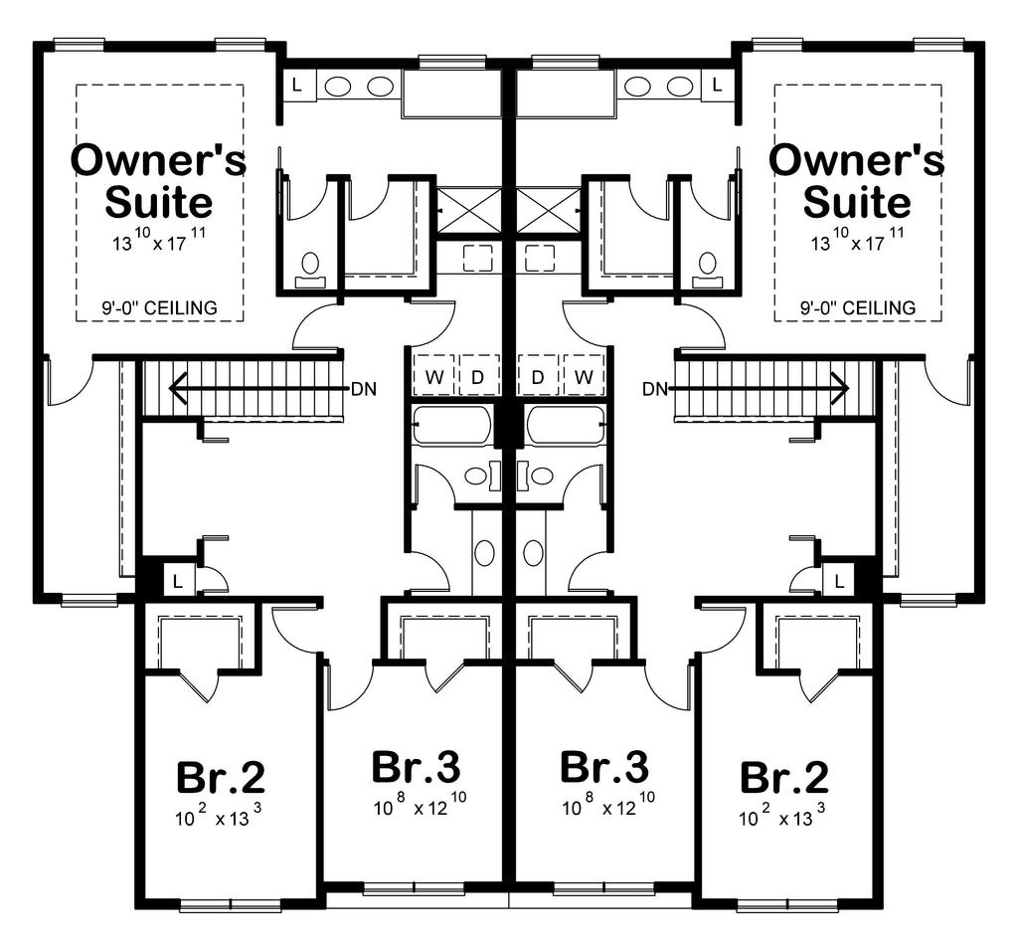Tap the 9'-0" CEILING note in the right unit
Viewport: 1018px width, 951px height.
858,308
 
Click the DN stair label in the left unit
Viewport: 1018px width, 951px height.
364,389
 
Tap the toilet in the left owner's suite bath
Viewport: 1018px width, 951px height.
310,271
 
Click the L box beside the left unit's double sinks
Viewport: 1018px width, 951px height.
297,86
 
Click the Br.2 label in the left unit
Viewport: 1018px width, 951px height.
221,777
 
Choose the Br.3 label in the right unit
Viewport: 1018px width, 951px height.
604,767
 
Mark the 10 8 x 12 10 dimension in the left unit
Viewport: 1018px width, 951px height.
420,805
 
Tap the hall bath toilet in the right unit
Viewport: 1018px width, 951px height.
533,553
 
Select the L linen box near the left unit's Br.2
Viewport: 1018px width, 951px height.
177,580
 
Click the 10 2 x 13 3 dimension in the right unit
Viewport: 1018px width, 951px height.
781,816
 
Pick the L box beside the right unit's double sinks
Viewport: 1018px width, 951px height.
717,86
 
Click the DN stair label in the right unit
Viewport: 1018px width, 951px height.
655,389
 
